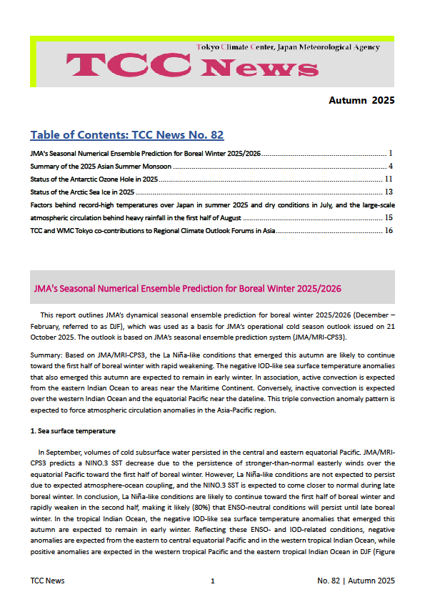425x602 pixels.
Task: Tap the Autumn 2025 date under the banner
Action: (361, 100)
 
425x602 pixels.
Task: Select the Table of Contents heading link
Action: (127, 135)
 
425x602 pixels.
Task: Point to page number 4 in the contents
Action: (391, 166)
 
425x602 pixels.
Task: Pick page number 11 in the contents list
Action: (389, 179)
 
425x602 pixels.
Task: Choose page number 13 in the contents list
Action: (389, 192)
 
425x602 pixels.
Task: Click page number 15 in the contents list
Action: (389, 217)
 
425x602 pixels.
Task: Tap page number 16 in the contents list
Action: (389, 230)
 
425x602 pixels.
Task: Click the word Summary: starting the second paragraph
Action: (46, 355)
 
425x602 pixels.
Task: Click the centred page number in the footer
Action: (213, 581)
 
